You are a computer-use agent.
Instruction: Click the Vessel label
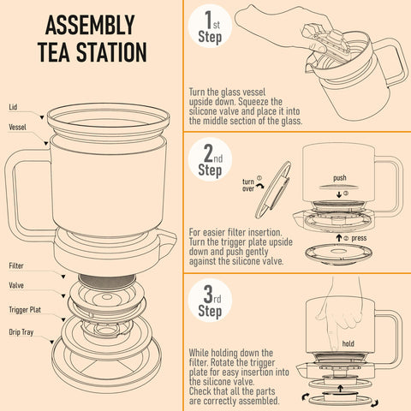pyautogui.click(x=17, y=126)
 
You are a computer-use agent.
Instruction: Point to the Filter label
pyautogui.click(x=16, y=266)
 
